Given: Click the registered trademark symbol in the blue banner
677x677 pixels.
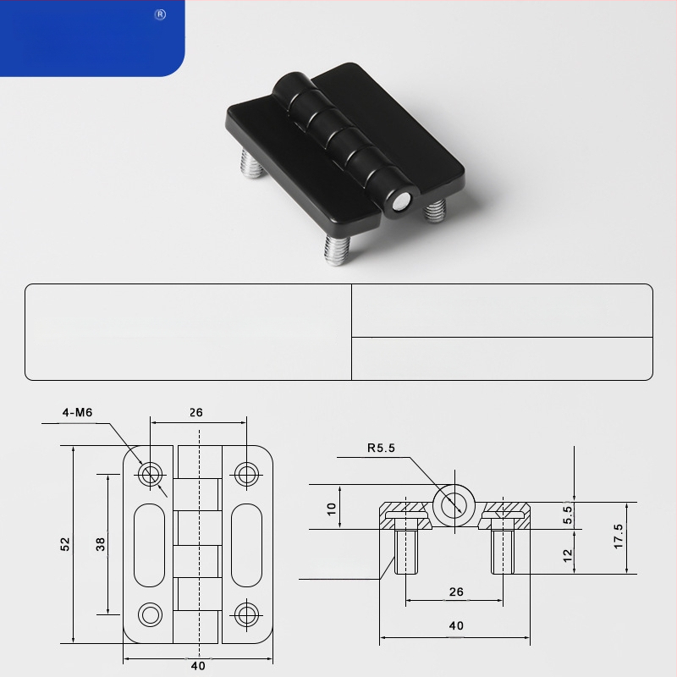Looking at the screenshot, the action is (160, 14).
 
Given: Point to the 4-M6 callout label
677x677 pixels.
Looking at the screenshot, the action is (77, 413).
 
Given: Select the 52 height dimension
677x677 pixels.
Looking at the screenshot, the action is (65, 544).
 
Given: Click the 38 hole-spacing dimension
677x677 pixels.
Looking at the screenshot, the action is (100, 544).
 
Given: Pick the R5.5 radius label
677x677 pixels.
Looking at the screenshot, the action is (382, 448).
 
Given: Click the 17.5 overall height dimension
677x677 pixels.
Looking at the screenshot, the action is (619, 537).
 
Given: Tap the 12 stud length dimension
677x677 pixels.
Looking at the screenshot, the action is (568, 555).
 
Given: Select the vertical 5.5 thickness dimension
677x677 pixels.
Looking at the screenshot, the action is (568, 515).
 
